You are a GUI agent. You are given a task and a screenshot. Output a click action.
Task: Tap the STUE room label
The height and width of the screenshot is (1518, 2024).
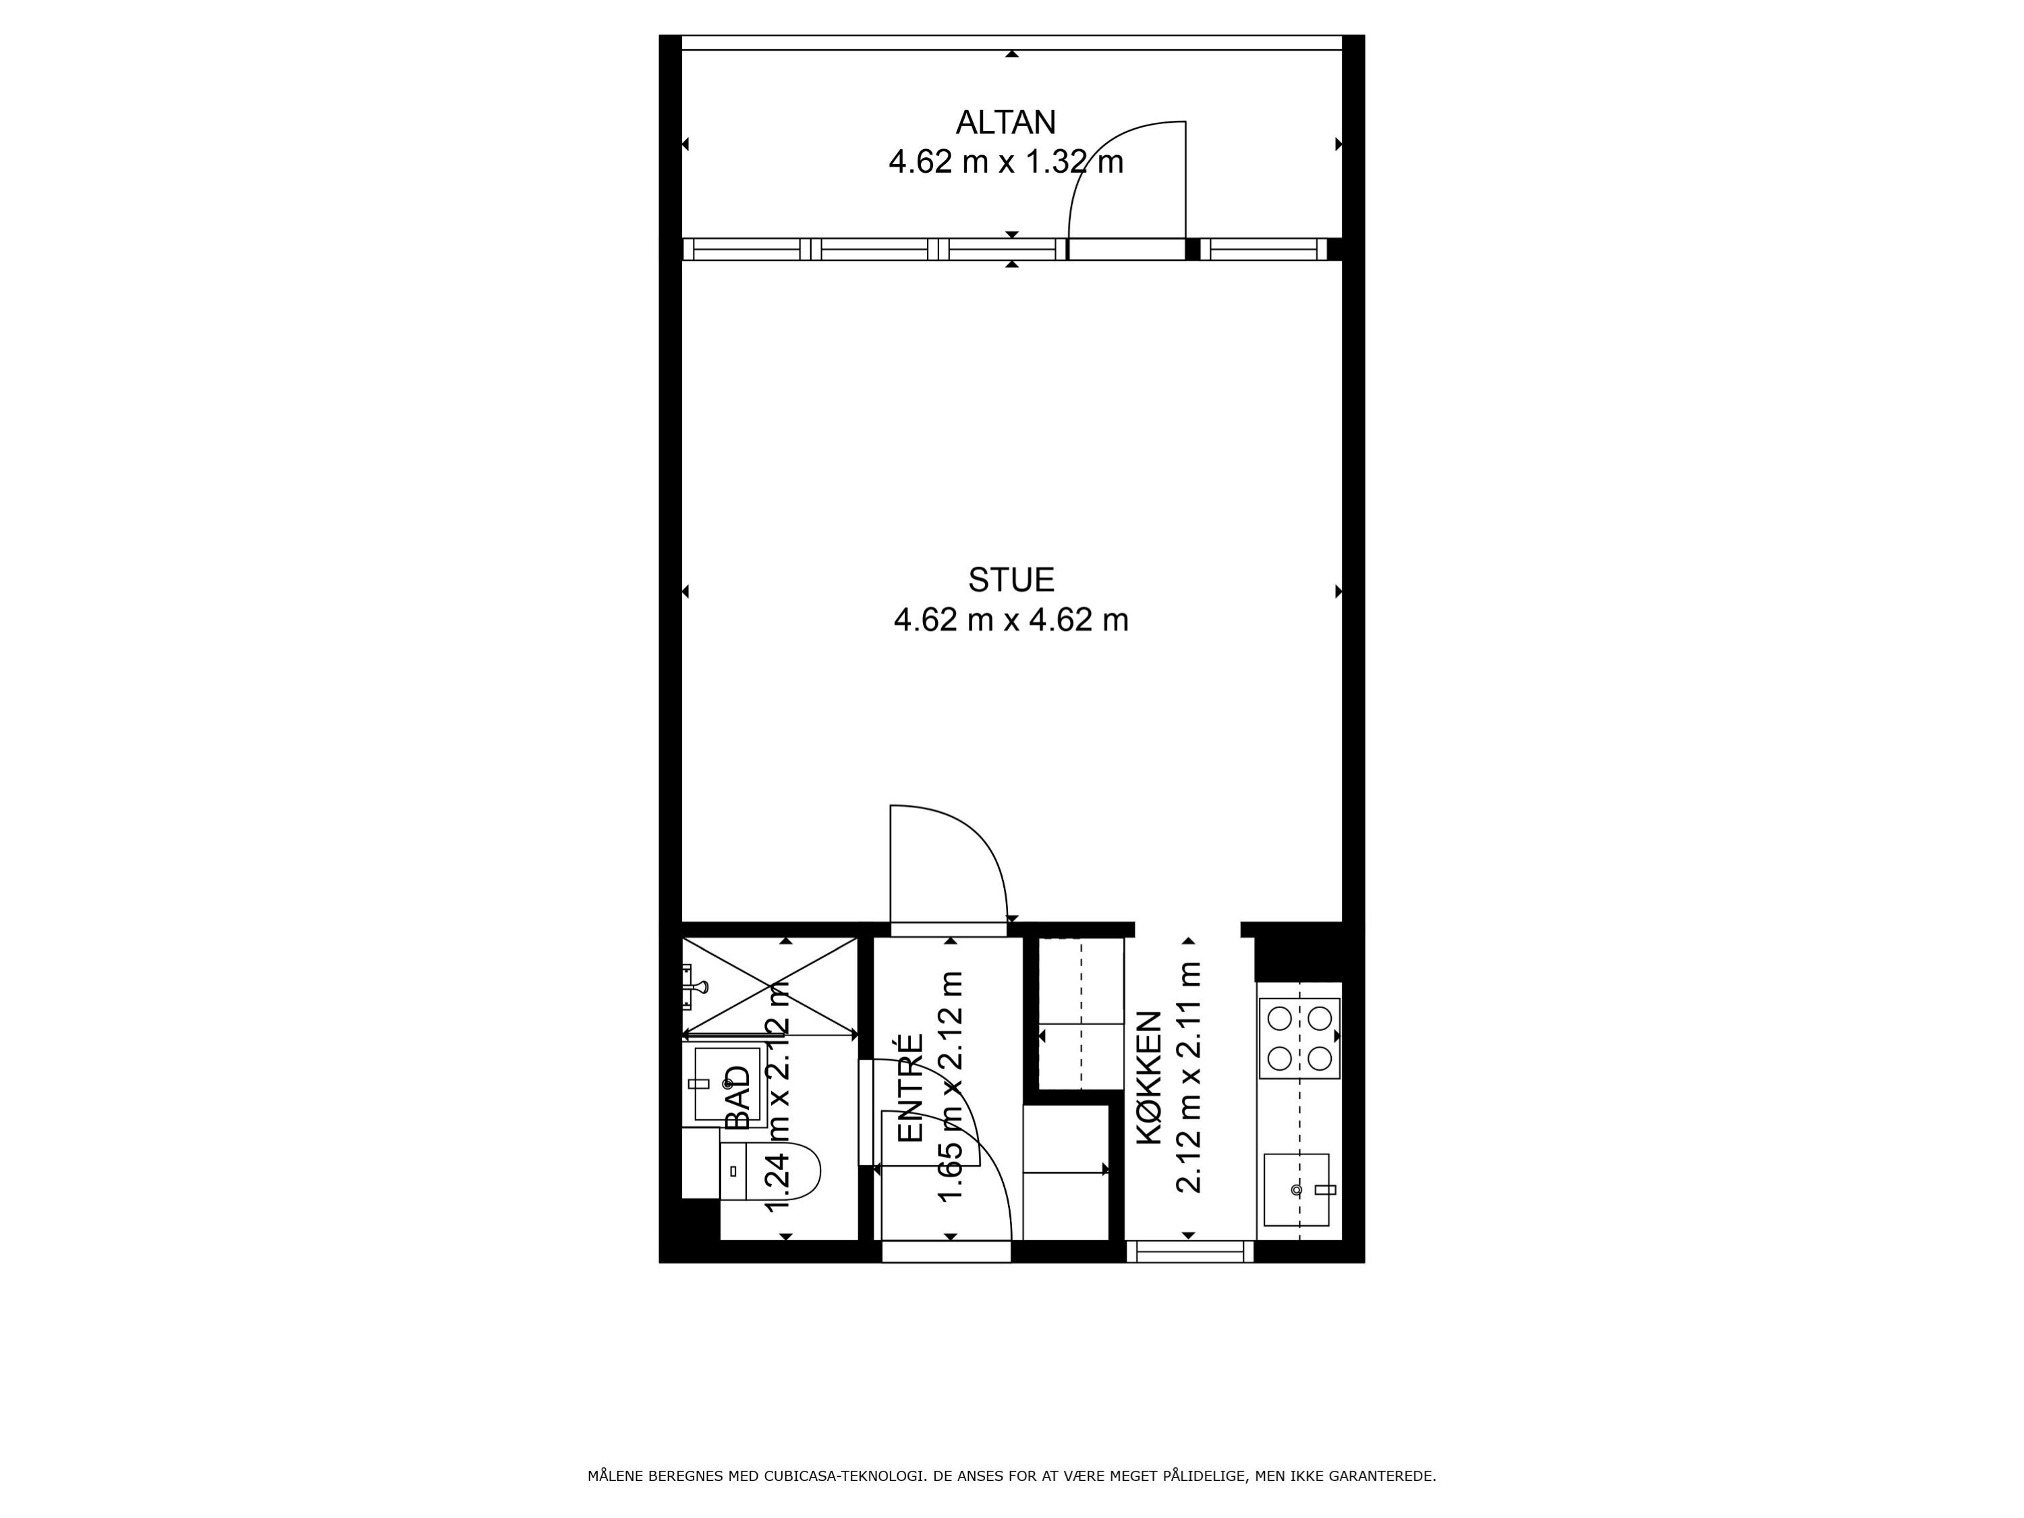(x=1011, y=580)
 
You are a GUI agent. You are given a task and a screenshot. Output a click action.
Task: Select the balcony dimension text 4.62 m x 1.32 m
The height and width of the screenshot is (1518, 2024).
(x=1006, y=163)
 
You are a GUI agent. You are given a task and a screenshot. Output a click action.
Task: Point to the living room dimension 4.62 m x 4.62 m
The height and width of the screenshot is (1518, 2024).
(x=1011, y=621)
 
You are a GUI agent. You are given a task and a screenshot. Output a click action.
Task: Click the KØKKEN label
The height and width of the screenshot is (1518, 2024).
(x=1148, y=1077)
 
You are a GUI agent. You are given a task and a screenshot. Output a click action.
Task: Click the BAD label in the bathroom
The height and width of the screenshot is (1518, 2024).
(x=737, y=1098)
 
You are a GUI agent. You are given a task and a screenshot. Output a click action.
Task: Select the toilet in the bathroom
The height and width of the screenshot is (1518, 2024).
(x=770, y=1171)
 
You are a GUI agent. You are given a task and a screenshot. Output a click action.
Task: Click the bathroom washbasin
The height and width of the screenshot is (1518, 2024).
(x=727, y=1084)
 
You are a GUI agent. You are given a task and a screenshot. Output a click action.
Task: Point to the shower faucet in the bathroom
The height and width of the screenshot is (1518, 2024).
(x=696, y=988)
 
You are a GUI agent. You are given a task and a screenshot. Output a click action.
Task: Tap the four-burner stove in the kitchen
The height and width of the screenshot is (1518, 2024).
(x=1299, y=1038)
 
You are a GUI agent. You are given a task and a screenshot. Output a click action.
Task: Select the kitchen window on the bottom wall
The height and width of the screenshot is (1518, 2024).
(x=1189, y=1251)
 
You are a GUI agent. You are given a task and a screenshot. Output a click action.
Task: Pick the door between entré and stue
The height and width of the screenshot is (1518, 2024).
(x=949, y=865)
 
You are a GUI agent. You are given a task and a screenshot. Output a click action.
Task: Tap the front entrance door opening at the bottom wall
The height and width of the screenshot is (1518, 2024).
(x=946, y=1251)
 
